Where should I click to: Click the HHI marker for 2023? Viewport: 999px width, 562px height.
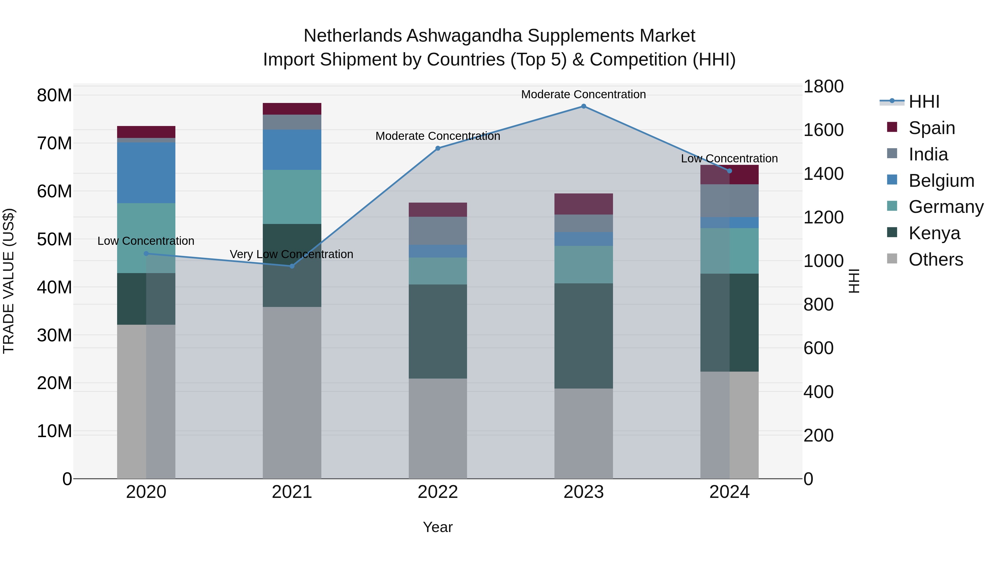pyautogui.click(x=583, y=106)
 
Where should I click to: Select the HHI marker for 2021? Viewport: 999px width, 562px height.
pyautogui.click(x=292, y=266)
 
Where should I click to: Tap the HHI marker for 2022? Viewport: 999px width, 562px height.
pyautogui.click(x=438, y=148)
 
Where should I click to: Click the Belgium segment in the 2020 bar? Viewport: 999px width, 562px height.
pyautogui.click(x=146, y=173)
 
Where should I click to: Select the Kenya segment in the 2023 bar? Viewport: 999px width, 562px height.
pyautogui.click(x=583, y=336)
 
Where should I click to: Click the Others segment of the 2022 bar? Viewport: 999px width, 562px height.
pyautogui.click(x=438, y=428)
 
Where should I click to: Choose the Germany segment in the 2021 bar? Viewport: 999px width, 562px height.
pyautogui.click(x=292, y=197)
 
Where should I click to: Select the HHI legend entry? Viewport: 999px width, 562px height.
pyautogui.click(x=924, y=102)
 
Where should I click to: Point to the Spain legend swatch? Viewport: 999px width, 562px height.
pyautogui.click(x=892, y=127)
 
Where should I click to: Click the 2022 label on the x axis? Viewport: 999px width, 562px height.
pyautogui.click(x=438, y=492)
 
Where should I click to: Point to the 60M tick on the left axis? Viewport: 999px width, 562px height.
pyautogui.click(x=54, y=191)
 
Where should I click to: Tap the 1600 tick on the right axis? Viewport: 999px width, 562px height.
pyautogui.click(x=823, y=130)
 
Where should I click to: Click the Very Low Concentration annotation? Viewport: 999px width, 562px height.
pyautogui.click(x=291, y=254)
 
